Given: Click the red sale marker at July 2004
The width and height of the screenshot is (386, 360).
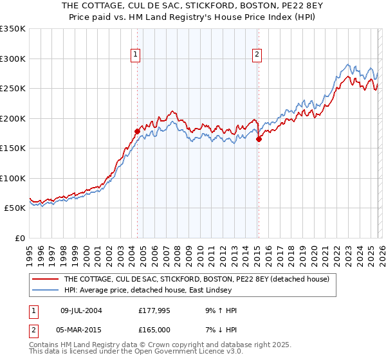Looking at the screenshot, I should tap(137, 131).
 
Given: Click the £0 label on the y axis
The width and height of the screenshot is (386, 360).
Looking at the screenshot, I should tap(19, 238).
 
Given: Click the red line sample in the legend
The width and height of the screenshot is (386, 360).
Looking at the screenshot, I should tap(45, 279).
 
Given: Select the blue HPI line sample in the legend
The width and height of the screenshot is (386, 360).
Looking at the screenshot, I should tap(45, 291).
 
